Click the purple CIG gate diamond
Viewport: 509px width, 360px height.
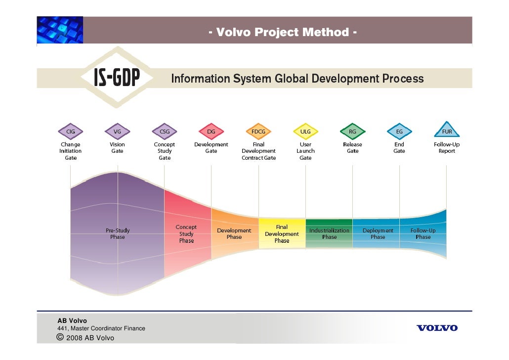coord(71,132)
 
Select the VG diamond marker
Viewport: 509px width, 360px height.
coord(117,132)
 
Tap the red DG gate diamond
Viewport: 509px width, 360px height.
coord(211,132)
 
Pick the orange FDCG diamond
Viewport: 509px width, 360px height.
coord(258,132)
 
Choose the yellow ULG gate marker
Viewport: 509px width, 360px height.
coord(305,132)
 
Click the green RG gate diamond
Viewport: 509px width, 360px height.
coord(352,132)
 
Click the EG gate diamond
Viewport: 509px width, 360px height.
coord(399,132)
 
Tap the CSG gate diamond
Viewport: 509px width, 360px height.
coord(165,132)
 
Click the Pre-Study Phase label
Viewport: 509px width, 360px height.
coord(118,233)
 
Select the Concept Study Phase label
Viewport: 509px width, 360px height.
coord(186,234)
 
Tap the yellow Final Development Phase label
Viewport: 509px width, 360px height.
coord(282,234)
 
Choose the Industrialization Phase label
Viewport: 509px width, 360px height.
coord(329,233)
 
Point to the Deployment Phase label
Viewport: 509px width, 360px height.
coord(378,233)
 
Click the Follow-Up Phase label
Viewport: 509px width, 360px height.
coord(423,233)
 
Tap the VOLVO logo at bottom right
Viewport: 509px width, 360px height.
coord(437,328)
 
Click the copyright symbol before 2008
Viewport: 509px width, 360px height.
coord(60,337)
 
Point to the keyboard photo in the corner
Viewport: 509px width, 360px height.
coord(60,30)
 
